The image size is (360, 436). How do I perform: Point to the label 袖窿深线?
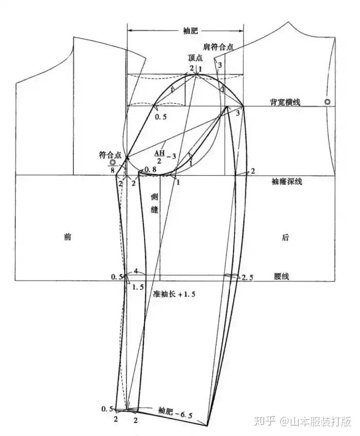(x=289, y=181)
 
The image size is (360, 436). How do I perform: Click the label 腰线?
(x=281, y=276)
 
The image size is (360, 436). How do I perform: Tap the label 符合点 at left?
(x=111, y=154)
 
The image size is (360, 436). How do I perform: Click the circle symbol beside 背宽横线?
(x=327, y=102)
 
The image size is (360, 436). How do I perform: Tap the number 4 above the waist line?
(x=135, y=271)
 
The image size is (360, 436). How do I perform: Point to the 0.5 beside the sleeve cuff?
(x=107, y=409)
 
